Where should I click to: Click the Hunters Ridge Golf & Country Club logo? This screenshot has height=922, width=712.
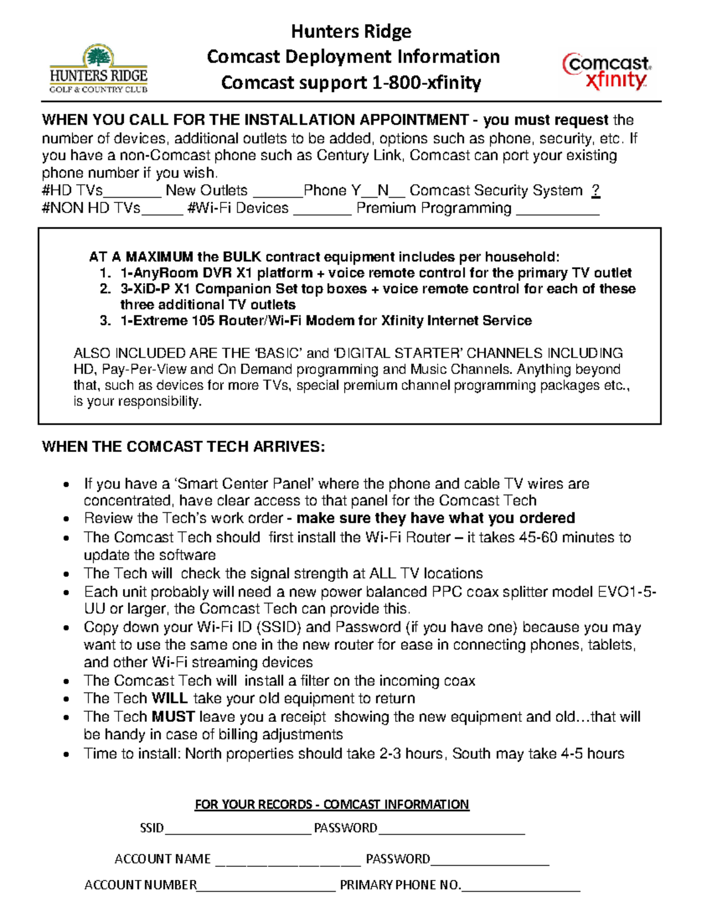[98, 69]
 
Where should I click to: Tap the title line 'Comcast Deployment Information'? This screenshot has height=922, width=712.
[353, 57]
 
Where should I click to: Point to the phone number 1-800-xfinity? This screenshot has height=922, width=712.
[426, 83]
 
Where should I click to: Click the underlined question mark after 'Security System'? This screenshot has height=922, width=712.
[596, 191]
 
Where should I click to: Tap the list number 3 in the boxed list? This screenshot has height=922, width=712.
[105, 321]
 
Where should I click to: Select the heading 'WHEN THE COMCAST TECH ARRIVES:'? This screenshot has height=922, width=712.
[183, 447]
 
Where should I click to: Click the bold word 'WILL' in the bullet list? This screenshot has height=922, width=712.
[170, 698]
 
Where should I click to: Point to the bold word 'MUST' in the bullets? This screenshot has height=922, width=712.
[173, 717]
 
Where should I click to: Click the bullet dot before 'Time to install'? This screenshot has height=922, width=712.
[68, 755]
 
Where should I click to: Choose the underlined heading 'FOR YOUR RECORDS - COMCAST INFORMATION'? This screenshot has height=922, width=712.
[332, 804]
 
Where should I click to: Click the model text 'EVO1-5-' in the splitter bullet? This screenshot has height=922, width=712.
[626, 592]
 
